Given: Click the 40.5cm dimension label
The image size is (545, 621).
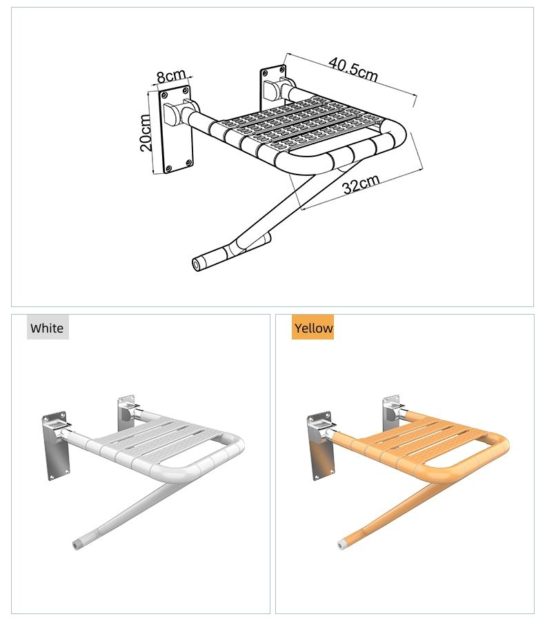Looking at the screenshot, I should (x=353, y=69).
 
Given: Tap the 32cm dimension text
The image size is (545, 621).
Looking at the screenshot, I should (x=361, y=184).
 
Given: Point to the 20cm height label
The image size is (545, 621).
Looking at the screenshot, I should (x=146, y=132).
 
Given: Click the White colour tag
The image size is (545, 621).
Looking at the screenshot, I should (x=48, y=328).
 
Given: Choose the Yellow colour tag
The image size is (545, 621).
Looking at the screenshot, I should (x=313, y=328).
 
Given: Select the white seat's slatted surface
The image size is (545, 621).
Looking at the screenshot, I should (x=159, y=442).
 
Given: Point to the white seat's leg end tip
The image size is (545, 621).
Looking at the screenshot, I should (x=75, y=545).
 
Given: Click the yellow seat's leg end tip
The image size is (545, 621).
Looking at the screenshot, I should (x=340, y=545).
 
